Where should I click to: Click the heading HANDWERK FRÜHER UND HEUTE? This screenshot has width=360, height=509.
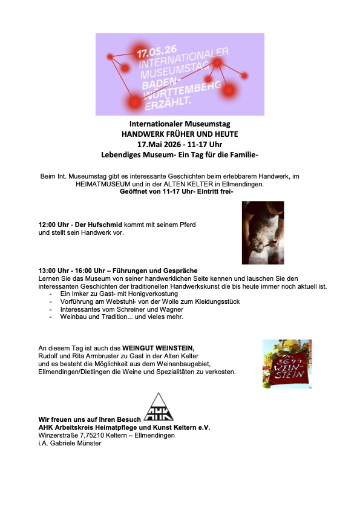(x=180, y=134)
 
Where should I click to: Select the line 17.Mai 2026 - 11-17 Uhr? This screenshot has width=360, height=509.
(x=180, y=145)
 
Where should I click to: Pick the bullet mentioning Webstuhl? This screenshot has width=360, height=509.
(x=136, y=301)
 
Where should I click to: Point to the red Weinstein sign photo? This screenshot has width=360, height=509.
(x=286, y=363)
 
